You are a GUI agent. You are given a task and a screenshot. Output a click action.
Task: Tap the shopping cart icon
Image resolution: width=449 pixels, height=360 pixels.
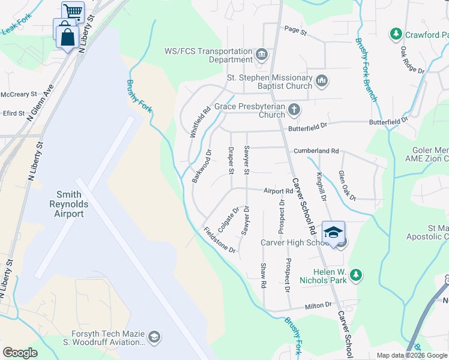pyautogui.click(x=73, y=11)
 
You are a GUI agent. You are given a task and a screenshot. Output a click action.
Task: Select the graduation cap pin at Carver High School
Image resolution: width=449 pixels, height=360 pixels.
pyautogui.click(x=334, y=232)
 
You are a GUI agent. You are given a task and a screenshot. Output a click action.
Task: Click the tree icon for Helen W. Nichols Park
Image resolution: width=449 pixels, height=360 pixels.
pyautogui.click(x=357, y=275)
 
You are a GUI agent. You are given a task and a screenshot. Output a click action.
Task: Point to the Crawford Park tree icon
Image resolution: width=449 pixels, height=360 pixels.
pyautogui.click(x=396, y=34)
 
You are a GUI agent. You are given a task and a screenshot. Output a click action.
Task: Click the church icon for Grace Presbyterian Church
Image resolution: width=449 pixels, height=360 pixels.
pyautogui.click(x=294, y=109)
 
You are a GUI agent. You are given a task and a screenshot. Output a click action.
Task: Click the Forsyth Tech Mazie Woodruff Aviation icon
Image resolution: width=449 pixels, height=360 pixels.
pyautogui.click(x=154, y=337)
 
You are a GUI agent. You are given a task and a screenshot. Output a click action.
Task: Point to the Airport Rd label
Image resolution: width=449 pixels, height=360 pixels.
pyautogui.click(x=277, y=191)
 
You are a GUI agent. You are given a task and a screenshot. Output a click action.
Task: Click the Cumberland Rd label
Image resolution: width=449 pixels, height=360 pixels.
pyautogui.click(x=316, y=151)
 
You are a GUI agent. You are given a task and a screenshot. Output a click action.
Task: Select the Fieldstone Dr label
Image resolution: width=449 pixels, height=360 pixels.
pyautogui.click(x=219, y=240)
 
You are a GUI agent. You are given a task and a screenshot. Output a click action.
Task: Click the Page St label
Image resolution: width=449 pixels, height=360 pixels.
pyautogui.click(x=295, y=29)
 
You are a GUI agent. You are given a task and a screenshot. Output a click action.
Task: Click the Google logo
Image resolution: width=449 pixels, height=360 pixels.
pyautogui.click(x=20, y=353)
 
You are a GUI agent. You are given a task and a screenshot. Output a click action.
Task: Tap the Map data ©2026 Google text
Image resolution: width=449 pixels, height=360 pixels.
pyautogui.click(x=411, y=355)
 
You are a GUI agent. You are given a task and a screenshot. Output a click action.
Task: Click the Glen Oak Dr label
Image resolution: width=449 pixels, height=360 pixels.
pyautogui.click(x=347, y=185)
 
